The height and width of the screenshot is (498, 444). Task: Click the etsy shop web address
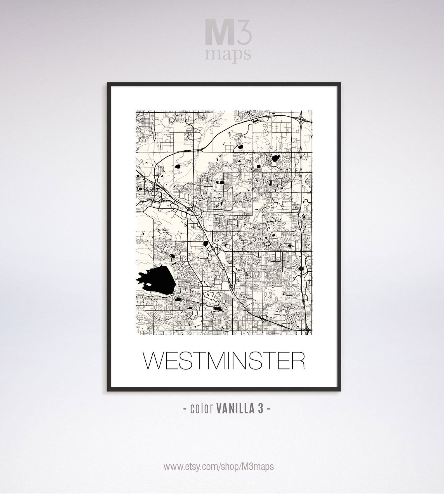pos(219,466)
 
